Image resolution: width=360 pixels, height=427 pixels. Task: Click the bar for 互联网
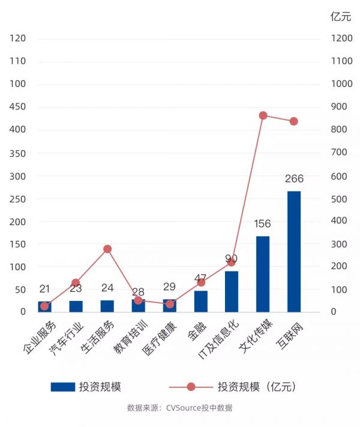pos(294,252)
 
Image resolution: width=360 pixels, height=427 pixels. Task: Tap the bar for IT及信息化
pos(232,291)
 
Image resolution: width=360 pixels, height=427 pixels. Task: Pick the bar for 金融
pos(200,301)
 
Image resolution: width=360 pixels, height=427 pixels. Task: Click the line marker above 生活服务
pos(107,249)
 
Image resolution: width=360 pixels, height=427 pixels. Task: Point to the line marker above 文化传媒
pos(263,115)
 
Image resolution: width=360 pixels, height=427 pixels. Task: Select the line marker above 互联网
pos(294,121)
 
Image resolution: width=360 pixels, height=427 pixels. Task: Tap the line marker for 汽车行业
pos(76,283)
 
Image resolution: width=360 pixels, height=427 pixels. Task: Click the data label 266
pos(295,178)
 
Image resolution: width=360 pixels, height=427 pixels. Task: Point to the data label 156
pos(263,224)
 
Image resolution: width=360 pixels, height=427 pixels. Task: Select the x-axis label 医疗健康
pos(161,338)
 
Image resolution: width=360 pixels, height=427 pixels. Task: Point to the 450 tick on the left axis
pos(18,107)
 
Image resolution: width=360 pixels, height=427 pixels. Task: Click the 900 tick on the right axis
pos(340,107)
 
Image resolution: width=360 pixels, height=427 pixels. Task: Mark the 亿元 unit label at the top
pos(340,17)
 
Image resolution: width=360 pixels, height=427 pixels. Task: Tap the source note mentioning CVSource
pos(179,408)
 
